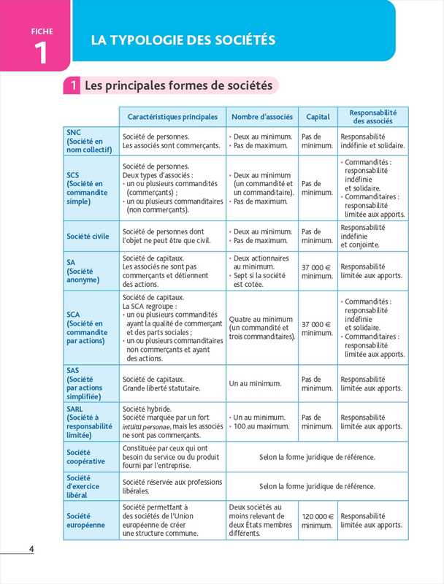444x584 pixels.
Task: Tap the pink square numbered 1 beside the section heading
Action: (x=74, y=86)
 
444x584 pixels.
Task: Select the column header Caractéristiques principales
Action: (x=172, y=117)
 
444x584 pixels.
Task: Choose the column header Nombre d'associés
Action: (x=262, y=117)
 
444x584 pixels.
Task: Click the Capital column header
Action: (x=318, y=117)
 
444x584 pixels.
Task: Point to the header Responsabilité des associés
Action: (x=372, y=117)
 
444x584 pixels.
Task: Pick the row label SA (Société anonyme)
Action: (x=85, y=271)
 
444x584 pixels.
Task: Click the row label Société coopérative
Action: (x=86, y=457)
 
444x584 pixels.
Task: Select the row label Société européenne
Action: (x=86, y=520)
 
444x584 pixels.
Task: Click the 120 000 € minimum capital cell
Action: (x=317, y=520)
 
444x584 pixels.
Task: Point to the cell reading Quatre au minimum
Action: (x=261, y=328)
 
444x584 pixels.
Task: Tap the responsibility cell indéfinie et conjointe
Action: (x=372, y=236)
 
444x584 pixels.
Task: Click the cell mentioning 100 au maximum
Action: (x=261, y=421)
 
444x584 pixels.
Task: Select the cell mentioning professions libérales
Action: (x=172, y=486)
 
